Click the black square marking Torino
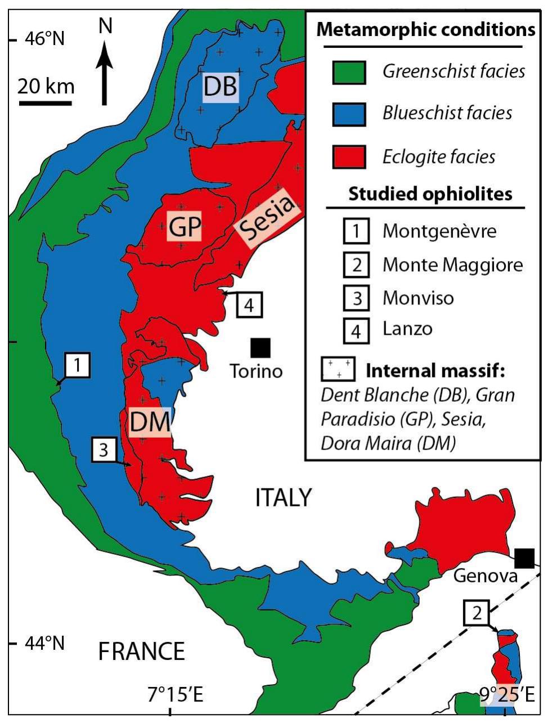tap(260, 348)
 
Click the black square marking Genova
tap(524, 558)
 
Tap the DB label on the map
tap(221, 87)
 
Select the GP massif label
tap(185, 228)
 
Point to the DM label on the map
tap(150, 422)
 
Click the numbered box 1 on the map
tap(78, 366)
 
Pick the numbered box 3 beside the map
tap(104, 450)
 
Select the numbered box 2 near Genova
tap(477, 613)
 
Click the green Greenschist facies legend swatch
tap(349, 71)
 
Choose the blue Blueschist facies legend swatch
tap(349, 114)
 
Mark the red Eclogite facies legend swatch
tap(349, 156)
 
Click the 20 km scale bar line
tap(45, 103)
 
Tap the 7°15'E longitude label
tap(176, 695)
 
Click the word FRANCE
tap(141, 652)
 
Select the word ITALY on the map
tap(283, 497)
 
